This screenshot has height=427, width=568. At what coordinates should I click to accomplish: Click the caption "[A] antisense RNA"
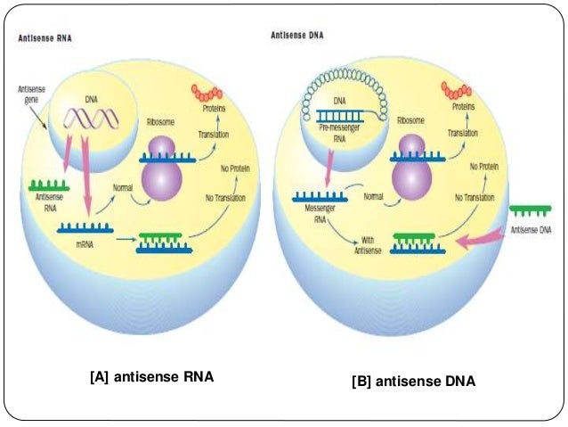pyautogui.click(x=152, y=377)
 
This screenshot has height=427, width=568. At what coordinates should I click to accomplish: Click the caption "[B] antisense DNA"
pyautogui.click(x=414, y=381)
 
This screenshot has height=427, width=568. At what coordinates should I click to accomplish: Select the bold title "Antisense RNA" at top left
pyautogui.click(x=45, y=40)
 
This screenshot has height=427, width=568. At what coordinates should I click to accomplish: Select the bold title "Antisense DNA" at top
pyautogui.click(x=298, y=36)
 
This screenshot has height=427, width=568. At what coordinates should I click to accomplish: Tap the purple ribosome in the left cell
pyautogui.click(x=165, y=167)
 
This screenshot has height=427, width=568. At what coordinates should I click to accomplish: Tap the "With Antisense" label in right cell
pyautogui.click(x=371, y=244)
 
